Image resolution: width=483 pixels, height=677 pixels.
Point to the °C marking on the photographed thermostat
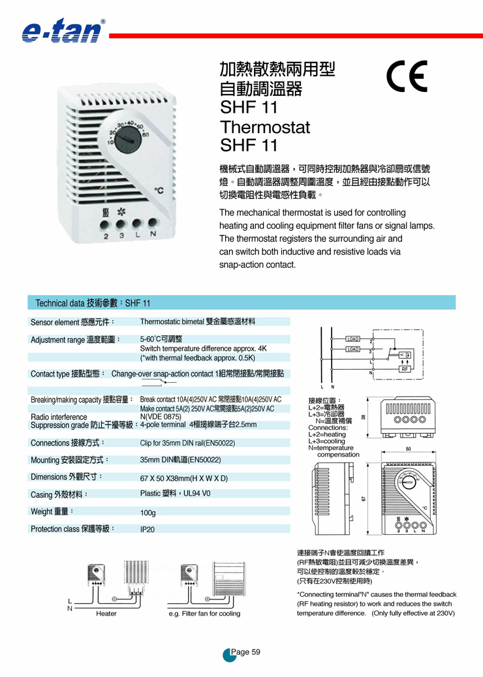point(159,191)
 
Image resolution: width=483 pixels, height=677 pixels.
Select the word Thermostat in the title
point(264,127)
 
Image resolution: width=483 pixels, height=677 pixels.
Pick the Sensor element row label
point(72,322)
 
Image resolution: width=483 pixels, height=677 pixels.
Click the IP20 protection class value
point(148,530)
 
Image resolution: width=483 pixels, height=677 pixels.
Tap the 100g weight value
point(148,513)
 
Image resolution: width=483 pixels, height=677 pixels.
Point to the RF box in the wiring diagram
point(404,369)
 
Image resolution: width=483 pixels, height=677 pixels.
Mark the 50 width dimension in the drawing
point(408,449)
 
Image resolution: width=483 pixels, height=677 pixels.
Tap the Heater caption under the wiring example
point(106,614)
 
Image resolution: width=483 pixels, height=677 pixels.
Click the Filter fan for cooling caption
point(204,614)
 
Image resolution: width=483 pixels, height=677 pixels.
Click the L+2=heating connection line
point(327,434)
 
